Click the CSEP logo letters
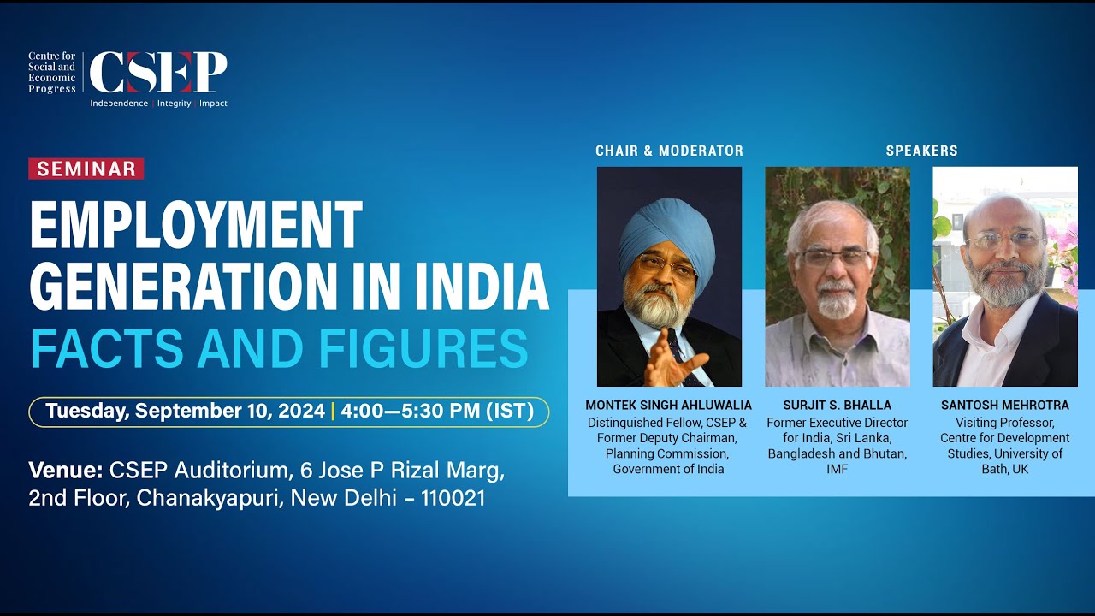click(158, 72)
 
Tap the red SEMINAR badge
click(86, 169)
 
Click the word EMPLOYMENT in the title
click(196, 226)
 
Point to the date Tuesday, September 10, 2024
click(186, 412)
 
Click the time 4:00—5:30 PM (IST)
click(437, 412)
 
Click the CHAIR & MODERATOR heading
click(669, 151)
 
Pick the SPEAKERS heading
click(921, 151)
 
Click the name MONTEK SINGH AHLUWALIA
click(669, 405)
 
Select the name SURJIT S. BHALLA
click(837, 405)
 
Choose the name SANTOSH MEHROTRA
click(1005, 405)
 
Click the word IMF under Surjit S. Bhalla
click(838, 469)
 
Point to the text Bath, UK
click(1005, 469)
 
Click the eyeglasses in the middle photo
click(832, 257)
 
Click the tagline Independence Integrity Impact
click(159, 104)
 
